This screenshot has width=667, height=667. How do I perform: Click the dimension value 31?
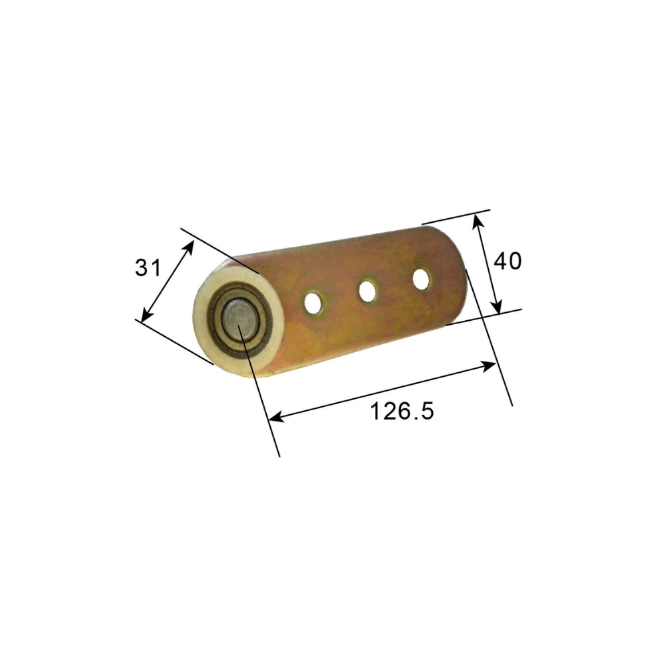[x=148, y=268]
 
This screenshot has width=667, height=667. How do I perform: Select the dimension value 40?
[x=507, y=261]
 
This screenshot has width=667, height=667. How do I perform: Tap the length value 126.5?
[x=402, y=411]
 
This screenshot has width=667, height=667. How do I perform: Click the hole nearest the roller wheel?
[x=311, y=302]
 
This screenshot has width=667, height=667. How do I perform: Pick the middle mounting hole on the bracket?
[x=367, y=290]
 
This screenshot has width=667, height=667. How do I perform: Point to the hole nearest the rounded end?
[x=421, y=277]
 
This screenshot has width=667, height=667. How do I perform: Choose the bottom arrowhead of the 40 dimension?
[x=496, y=308]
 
